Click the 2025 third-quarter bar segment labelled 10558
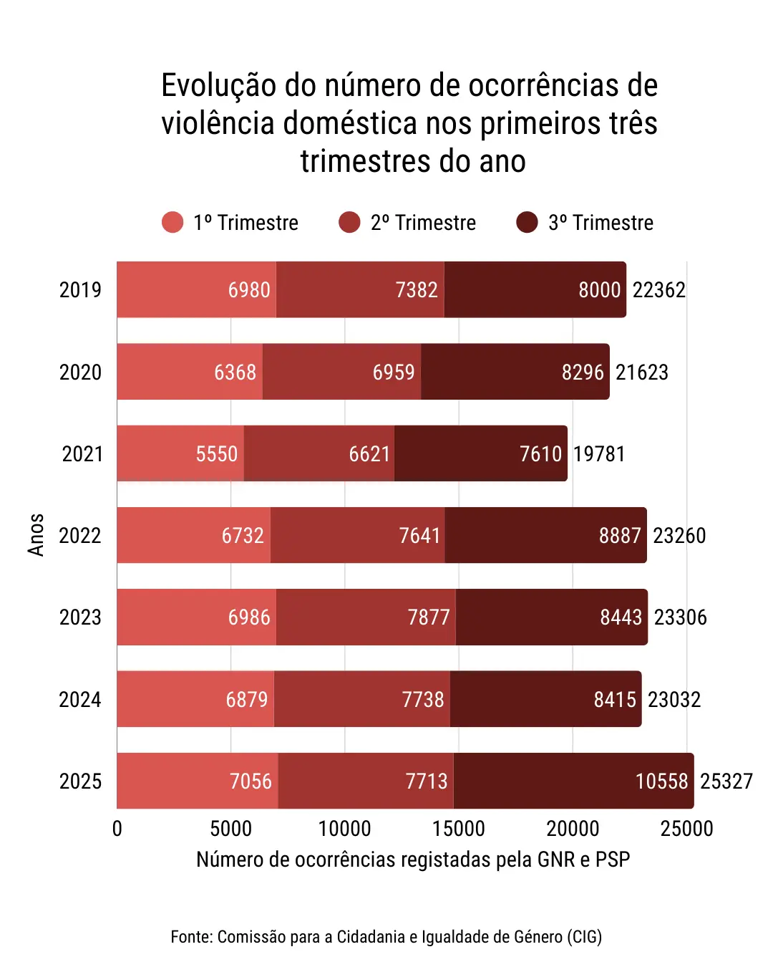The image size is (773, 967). tap(573, 781)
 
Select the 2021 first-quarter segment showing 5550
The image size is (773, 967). tap(180, 453)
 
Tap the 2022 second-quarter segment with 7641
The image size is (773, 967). tap(358, 535)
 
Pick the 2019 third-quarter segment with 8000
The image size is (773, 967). tap(535, 289)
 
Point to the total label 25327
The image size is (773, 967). tap(726, 781)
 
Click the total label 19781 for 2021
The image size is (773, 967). tap(599, 454)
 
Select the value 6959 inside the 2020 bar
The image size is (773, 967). tap(394, 372)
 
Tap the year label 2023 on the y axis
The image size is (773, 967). tap(80, 617)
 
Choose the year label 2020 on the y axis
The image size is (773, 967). tap(80, 372)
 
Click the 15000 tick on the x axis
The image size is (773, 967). tap(458, 829)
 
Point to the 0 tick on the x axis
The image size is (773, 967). tap(117, 829)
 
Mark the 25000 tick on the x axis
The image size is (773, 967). tap(686, 829)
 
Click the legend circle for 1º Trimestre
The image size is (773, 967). tap(172, 223)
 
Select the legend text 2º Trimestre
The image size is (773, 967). tap(423, 223)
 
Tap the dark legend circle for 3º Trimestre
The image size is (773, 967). tap(527, 223)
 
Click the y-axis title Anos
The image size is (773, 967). tap(36, 535)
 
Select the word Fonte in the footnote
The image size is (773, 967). tap(190, 937)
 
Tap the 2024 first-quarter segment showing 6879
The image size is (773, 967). tap(195, 699)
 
